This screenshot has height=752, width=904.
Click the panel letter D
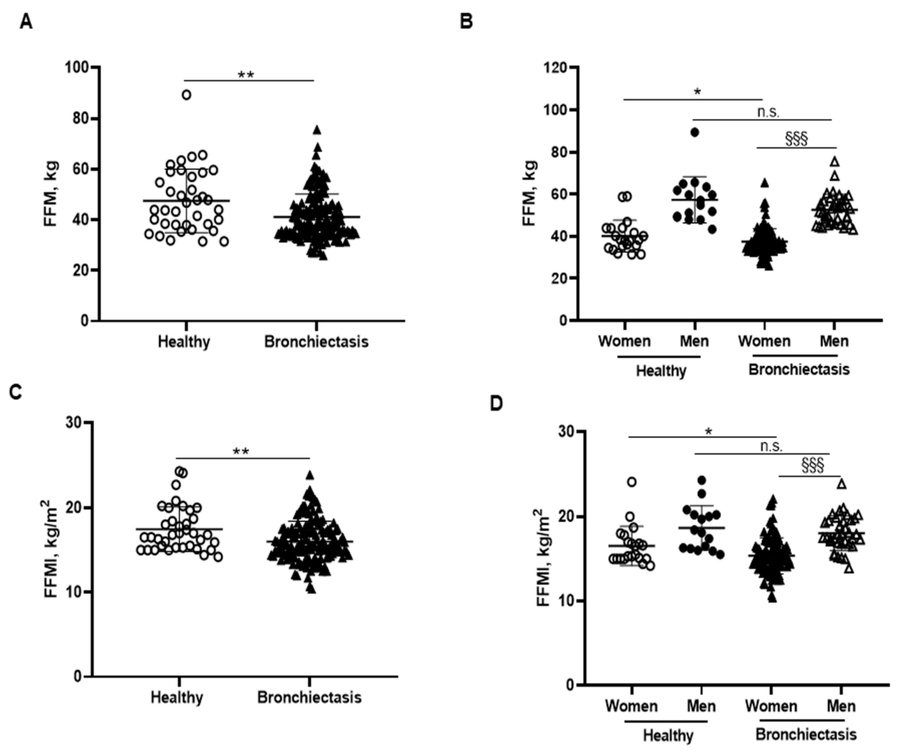496,404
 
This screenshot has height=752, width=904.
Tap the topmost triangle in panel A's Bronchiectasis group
317,130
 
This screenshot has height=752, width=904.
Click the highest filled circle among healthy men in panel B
695,132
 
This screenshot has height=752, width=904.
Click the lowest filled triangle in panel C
311,589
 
